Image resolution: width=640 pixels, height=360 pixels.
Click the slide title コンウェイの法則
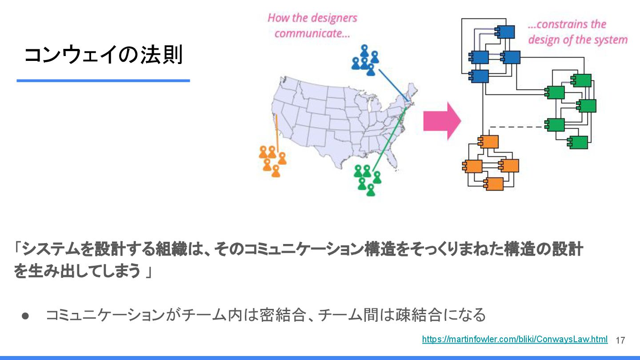[x=103, y=56]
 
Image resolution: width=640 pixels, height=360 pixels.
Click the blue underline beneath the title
[x=103, y=80]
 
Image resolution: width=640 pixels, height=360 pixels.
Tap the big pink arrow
[x=442, y=121]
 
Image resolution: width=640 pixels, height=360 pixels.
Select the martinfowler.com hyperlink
[x=514, y=339]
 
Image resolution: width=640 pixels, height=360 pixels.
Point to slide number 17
[x=620, y=340]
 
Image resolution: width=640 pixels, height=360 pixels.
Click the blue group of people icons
[x=365, y=60]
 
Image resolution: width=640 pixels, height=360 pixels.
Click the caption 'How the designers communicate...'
[x=312, y=25]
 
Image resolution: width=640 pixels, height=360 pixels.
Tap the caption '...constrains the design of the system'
[x=577, y=32]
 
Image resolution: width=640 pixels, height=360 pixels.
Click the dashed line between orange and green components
[x=518, y=127]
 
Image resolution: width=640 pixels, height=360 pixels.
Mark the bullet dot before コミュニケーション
[x=25, y=316]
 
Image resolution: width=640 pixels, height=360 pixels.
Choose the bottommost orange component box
[x=494, y=184]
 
